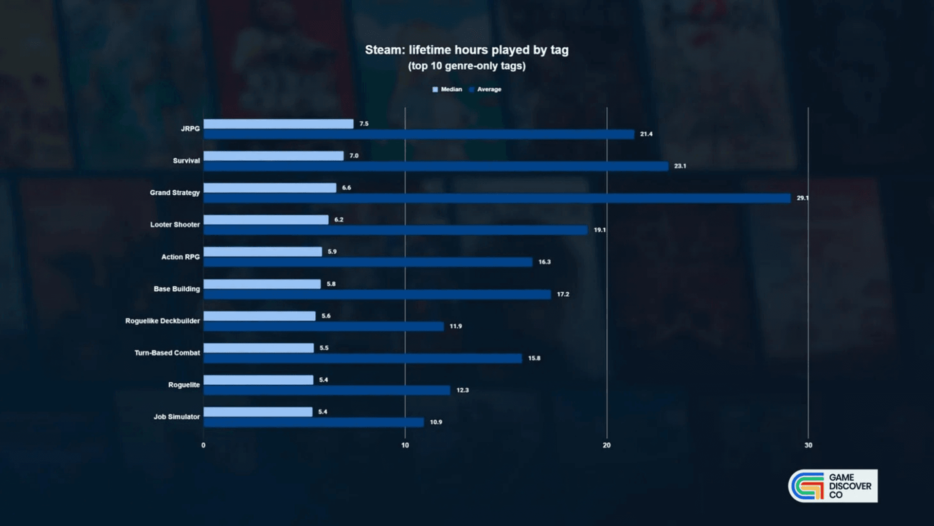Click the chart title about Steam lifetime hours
467,50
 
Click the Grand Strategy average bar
497,198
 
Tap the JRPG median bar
278,124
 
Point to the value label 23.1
680,166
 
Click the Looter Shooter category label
175,225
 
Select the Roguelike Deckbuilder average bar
323,326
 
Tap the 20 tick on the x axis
606,445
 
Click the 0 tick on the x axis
203,445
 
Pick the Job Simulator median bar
258,412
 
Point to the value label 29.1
802,198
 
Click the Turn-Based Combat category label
167,353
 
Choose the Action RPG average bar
368,262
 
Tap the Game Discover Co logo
833,486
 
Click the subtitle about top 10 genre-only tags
467,66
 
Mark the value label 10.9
435,422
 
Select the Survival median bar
273,156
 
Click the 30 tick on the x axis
808,445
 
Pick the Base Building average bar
377,294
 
